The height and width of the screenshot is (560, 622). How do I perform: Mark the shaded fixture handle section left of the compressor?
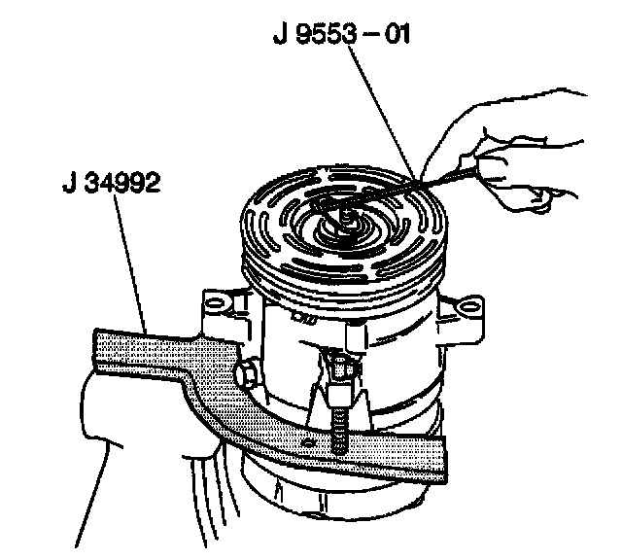(x=146, y=345)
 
